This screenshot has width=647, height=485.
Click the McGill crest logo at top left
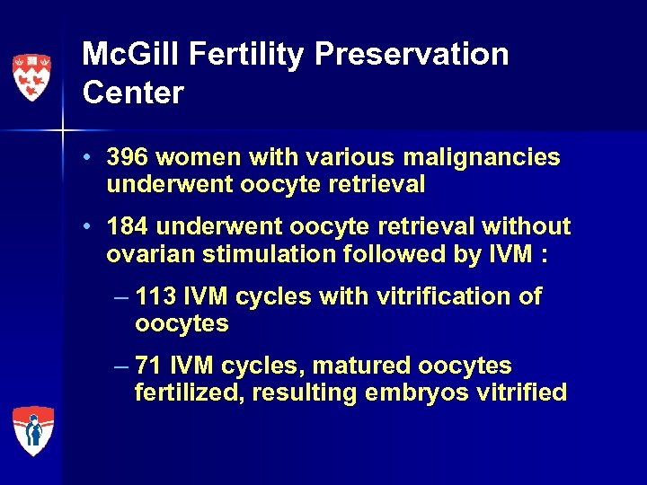31,76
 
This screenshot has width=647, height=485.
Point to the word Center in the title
132,92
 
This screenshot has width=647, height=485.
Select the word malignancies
479,158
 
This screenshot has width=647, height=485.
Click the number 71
149,366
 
